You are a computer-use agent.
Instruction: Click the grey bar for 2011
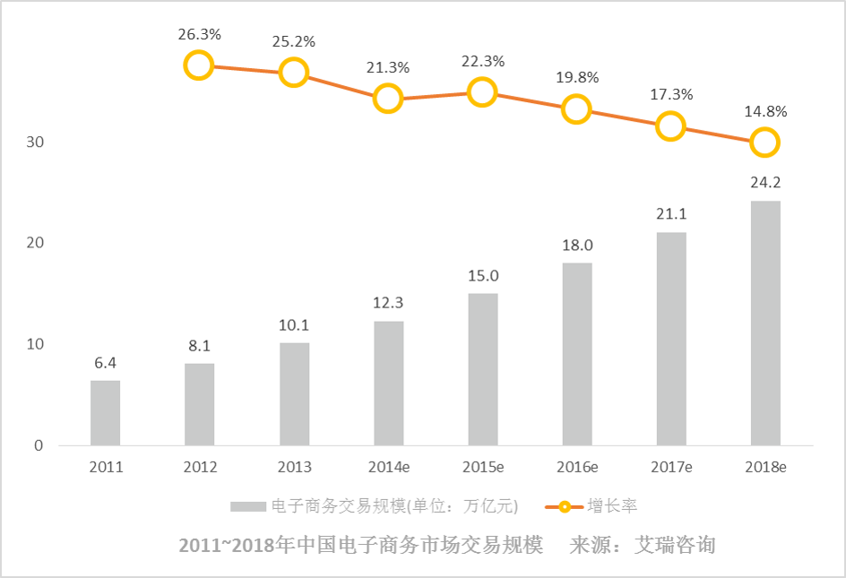click(x=105, y=413)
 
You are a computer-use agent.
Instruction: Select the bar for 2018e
click(x=765, y=324)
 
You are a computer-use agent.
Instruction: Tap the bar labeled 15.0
click(x=482, y=369)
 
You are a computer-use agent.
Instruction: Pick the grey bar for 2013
click(x=294, y=394)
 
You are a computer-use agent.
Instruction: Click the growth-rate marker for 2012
click(x=198, y=65)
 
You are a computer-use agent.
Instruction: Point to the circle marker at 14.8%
click(x=764, y=142)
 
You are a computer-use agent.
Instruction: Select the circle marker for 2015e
click(x=482, y=92)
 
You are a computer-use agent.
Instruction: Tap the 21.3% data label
click(x=388, y=67)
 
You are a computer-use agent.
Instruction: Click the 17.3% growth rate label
click(x=670, y=94)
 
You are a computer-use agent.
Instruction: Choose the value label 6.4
click(x=106, y=363)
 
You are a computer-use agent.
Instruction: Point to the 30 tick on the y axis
click(x=34, y=142)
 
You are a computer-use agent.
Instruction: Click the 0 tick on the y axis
click(x=39, y=445)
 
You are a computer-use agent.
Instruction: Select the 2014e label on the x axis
click(x=388, y=468)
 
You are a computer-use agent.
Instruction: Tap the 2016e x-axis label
click(x=576, y=468)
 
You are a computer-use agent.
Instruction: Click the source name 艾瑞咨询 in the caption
click(x=675, y=546)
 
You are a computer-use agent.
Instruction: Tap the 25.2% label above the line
click(x=294, y=40)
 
